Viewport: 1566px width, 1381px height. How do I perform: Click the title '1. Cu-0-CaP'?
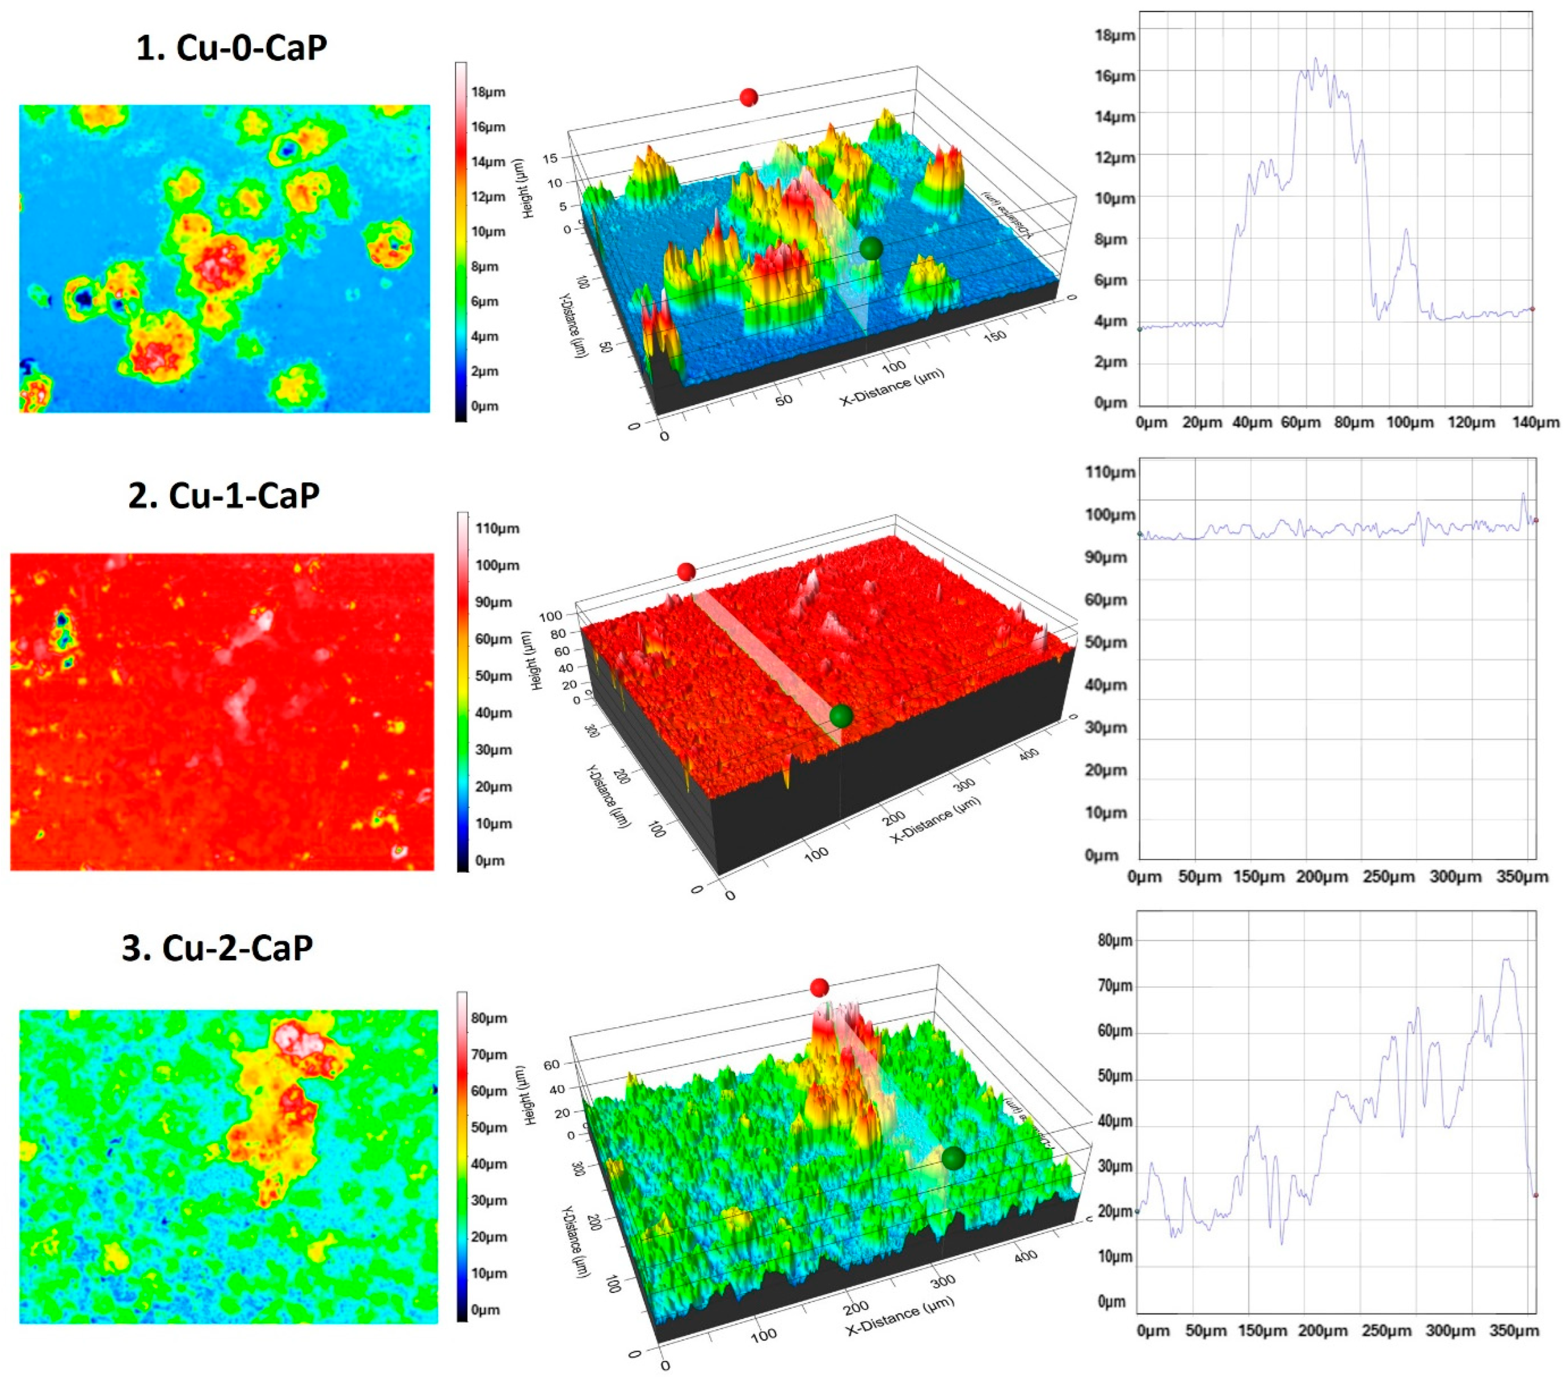click(x=231, y=47)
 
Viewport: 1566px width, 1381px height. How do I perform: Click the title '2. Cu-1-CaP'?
click(x=224, y=495)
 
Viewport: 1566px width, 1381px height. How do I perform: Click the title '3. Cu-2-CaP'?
click(x=217, y=948)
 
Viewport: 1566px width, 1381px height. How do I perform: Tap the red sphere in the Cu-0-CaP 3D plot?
click(x=749, y=97)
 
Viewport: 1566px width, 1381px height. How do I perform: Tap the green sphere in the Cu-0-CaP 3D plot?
click(x=870, y=248)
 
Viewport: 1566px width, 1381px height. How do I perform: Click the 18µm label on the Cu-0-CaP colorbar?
click(x=488, y=92)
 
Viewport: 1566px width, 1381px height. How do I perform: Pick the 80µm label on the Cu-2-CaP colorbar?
click(x=489, y=1018)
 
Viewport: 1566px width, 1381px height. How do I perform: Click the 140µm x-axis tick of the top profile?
click(x=1536, y=422)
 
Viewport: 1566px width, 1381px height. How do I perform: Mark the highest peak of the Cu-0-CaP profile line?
click(x=1316, y=58)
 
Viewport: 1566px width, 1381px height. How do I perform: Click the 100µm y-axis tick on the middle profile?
click(x=1110, y=515)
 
